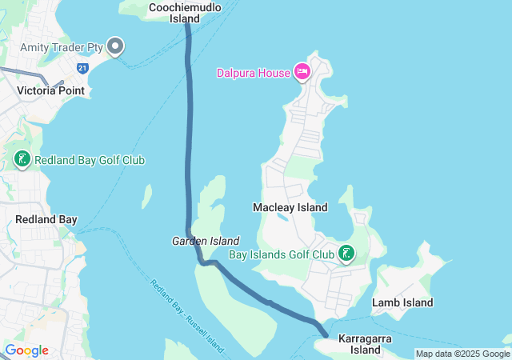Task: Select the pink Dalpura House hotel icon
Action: pos(302,72)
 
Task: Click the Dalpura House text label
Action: pos(253,73)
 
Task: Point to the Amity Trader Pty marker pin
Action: pos(115,47)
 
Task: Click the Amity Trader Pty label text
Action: pos(62,48)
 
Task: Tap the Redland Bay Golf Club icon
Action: pos(22,159)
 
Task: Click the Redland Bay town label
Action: pos(46,219)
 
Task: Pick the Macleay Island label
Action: pos(290,207)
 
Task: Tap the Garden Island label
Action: pos(206,241)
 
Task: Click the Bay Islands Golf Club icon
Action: pos(346,254)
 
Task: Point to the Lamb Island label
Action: pos(402,302)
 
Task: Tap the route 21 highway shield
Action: pos(82,69)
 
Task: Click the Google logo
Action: pos(26,350)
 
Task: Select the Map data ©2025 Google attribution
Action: pos(462,354)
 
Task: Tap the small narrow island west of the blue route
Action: pos(147,195)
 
